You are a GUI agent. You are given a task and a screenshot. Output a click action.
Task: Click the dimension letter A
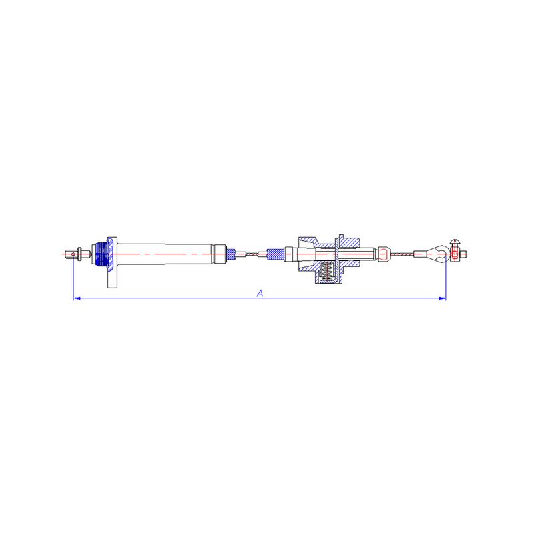260,293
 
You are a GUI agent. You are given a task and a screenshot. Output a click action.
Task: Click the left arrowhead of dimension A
77,298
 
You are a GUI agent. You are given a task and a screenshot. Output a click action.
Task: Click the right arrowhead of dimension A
442,298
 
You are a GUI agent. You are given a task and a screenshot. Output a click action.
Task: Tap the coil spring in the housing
327,272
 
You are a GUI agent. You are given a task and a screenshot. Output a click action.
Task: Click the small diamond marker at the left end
73,254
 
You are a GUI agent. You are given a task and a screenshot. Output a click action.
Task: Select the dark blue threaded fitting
101,254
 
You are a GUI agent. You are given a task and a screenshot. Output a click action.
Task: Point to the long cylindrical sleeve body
166,254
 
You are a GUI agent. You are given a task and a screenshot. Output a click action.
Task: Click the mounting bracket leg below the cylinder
112,278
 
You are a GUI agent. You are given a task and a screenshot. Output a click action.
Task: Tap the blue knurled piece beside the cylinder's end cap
231,254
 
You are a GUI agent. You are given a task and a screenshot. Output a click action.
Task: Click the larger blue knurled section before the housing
276,254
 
